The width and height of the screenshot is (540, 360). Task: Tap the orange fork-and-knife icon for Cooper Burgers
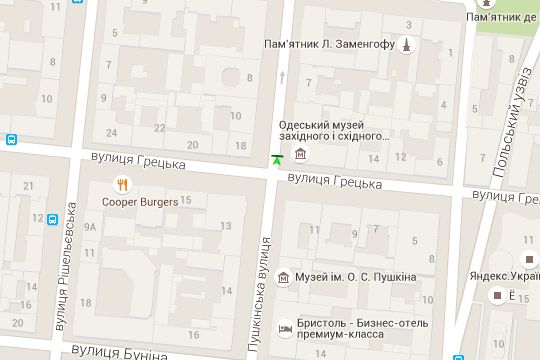(122, 183)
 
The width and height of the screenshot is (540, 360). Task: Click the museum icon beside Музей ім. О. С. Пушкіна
(284, 277)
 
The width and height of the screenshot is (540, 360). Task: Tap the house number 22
(160, 128)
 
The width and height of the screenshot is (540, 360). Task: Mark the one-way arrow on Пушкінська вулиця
(282, 77)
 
